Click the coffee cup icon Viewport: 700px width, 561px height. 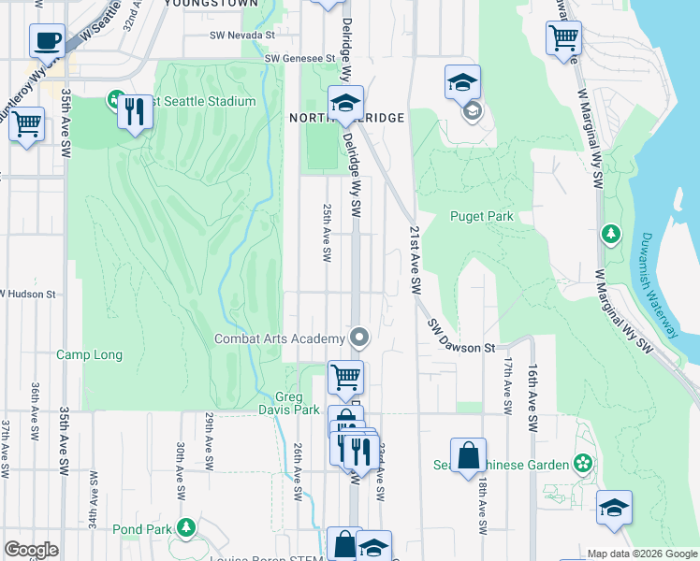point(47,41)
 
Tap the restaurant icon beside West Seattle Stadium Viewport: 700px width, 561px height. point(136,112)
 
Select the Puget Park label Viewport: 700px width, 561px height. point(482,216)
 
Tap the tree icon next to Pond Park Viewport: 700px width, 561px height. point(186,528)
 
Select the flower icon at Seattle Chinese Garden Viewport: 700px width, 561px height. point(583,464)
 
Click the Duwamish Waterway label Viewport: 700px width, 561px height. point(660,284)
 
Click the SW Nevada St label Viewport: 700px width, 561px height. point(242,35)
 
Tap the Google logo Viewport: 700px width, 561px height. point(31,550)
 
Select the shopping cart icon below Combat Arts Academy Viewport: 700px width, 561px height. point(345,377)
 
